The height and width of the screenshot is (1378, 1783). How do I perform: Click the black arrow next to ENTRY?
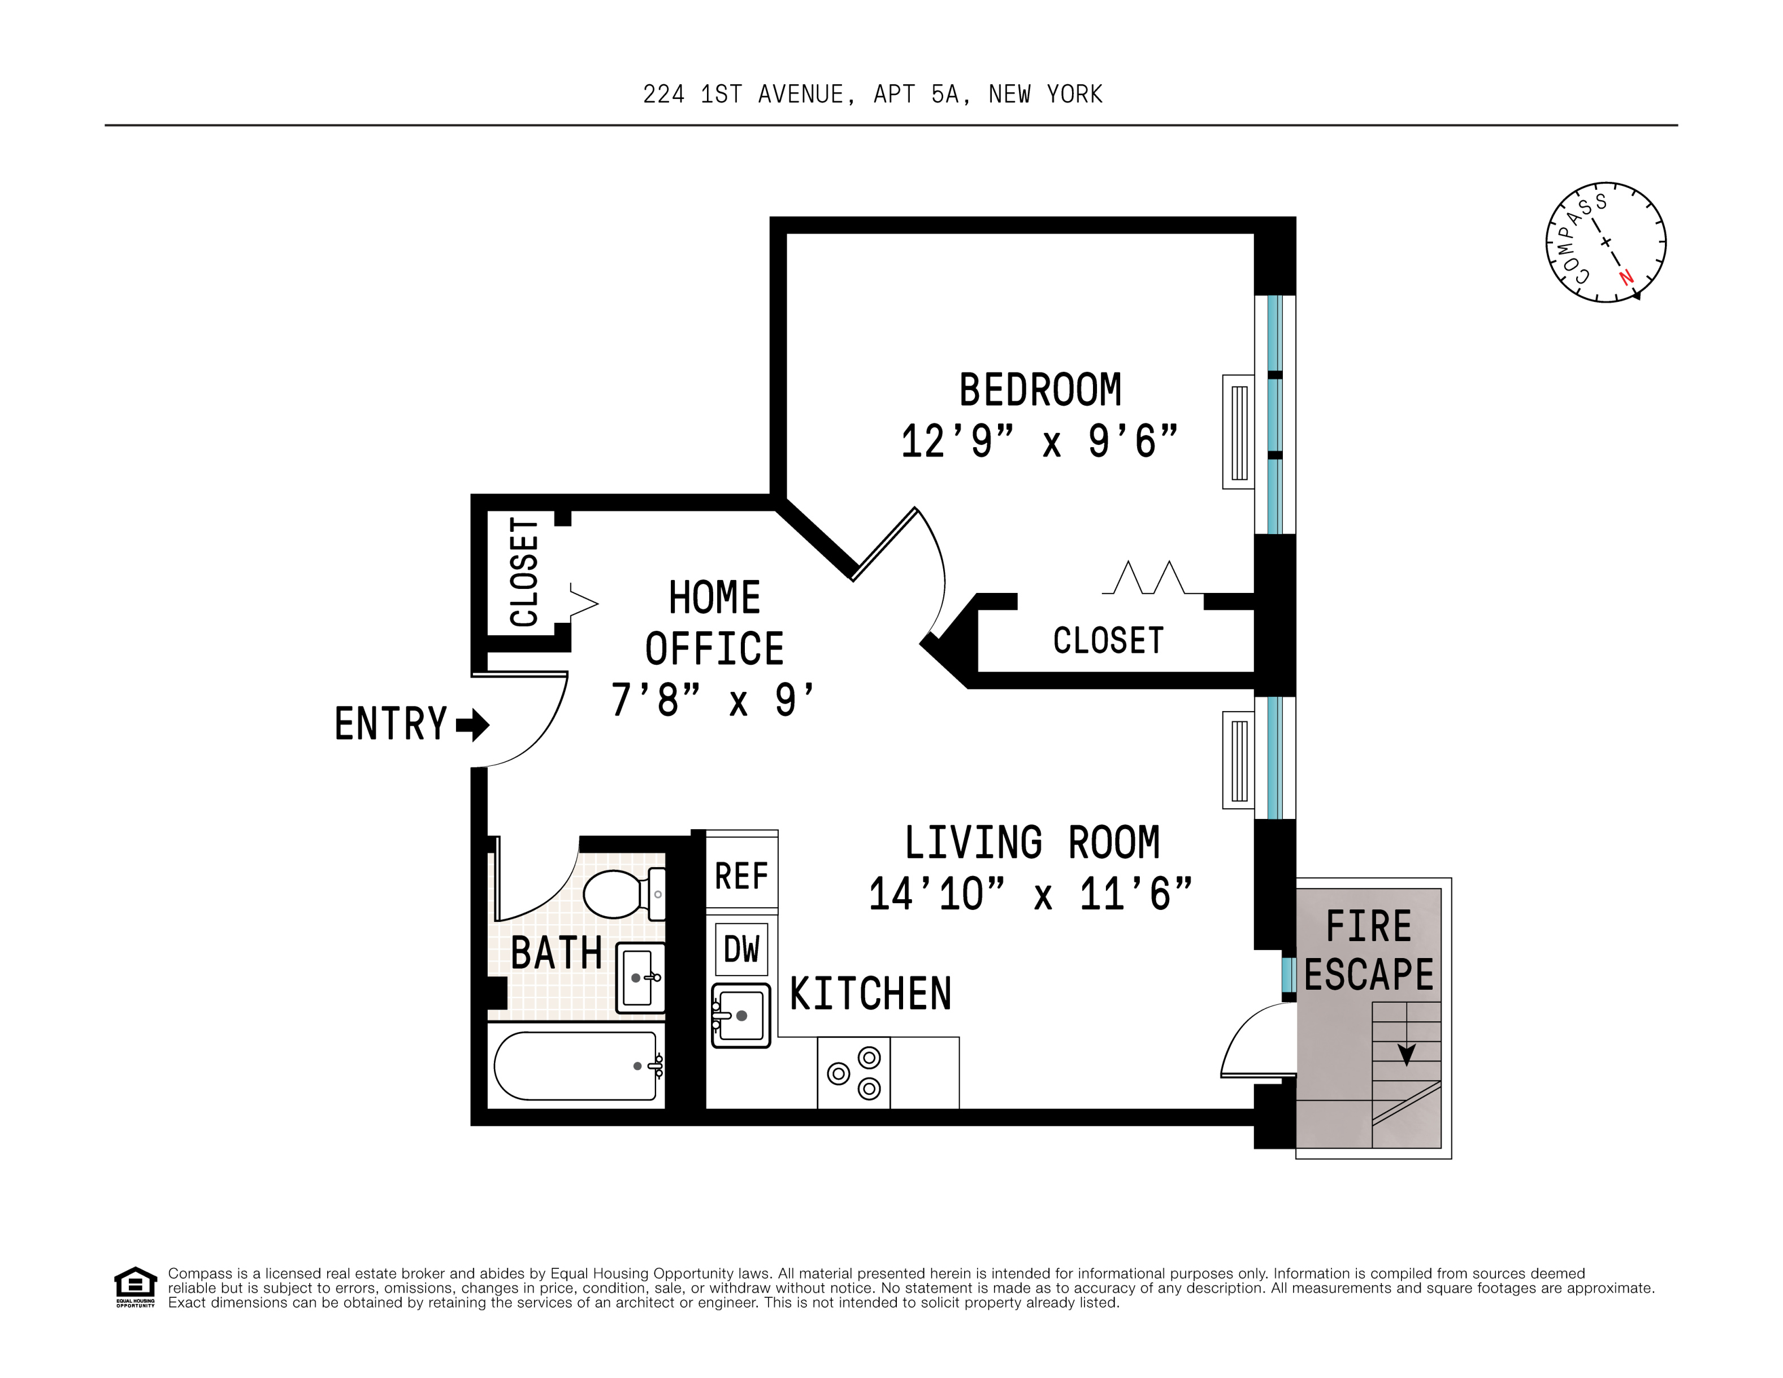point(472,724)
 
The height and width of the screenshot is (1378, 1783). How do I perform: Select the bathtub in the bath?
point(575,1066)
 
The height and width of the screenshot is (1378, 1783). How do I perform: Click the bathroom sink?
point(640,977)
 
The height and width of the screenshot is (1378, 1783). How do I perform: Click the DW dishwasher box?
point(741,948)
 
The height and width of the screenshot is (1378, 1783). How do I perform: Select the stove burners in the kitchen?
point(854,1073)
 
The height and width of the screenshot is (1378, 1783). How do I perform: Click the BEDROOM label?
point(1040,389)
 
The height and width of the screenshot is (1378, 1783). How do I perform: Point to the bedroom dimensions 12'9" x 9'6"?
point(1040,441)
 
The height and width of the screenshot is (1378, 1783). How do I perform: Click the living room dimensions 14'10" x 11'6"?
point(1030,894)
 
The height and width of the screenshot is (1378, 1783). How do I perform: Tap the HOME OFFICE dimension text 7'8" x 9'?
point(713,700)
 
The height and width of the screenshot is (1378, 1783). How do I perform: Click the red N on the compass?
point(1626,277)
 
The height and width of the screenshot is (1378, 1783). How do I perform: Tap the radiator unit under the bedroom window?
point(1238,432)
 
